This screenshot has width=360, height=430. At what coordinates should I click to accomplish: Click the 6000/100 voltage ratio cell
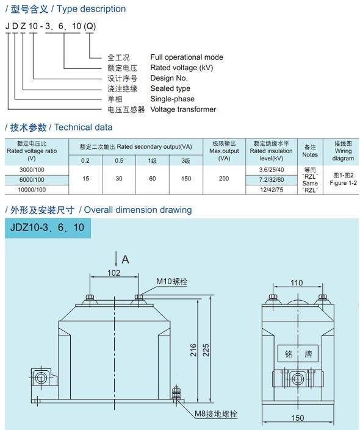coord(32,179)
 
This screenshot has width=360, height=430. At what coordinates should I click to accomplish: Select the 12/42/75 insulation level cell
coord(272,190)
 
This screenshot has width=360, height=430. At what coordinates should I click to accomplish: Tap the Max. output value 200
coord(224,179)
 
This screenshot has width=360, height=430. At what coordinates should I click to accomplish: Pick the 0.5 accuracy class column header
coord(119,160)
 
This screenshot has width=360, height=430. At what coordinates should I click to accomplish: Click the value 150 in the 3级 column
coord(186,179)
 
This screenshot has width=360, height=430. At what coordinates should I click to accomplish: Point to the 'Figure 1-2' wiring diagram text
coord(344,183)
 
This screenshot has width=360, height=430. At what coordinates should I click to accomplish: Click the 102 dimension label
coord(114,273)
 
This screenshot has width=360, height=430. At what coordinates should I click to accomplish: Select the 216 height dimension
coord(193,350)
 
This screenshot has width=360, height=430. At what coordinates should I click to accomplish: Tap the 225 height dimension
coord(206,350)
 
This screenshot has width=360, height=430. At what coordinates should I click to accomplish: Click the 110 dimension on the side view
coord(297,283)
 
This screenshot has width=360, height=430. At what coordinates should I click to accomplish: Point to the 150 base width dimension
coord(297,418)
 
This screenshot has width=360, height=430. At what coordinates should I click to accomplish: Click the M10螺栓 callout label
coord(172,281)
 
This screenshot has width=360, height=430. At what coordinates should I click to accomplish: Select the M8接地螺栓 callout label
coord(216,414)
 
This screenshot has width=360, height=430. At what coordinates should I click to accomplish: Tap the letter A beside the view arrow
coord(126,259)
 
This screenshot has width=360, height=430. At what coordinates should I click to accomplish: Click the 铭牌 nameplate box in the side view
coord(298,354)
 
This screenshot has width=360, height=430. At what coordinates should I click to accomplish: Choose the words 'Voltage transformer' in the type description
coord(183,109)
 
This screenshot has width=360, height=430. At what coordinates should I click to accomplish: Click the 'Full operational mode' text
coord(187,57)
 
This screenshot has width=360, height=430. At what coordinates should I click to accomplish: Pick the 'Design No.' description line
coord(169,78)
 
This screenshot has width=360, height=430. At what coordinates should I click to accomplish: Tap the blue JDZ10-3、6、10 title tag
coord(48,228)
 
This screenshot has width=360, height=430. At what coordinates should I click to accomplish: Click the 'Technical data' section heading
coord(83,127)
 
